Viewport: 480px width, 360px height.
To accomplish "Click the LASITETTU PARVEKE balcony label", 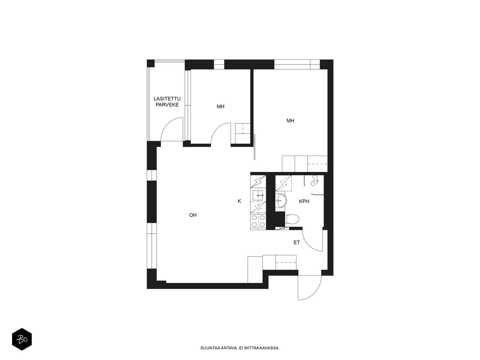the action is point(167,102).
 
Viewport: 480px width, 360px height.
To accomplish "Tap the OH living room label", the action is point(193,215).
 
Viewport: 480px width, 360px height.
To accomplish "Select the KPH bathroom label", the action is point(304,201).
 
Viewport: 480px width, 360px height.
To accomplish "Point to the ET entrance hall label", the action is point(296,243).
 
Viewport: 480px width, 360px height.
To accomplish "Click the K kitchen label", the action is point(239,201).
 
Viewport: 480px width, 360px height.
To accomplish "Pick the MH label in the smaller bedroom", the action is point(220,107).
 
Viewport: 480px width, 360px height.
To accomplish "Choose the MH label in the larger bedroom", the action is point(290,121).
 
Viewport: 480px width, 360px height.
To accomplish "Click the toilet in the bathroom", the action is point(292,219).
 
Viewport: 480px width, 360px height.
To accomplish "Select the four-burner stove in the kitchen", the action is point(258,221).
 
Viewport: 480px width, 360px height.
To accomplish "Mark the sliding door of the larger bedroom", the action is point(254,147).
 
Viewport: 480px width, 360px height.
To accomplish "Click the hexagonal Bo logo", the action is point(22,339).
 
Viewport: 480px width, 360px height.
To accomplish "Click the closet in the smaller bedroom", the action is point(243,133).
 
